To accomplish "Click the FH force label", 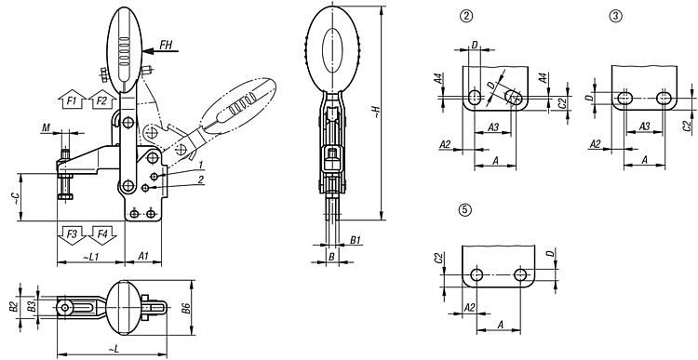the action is point(166,45).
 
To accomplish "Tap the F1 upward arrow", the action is point(72,100).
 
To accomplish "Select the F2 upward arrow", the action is point(102,100).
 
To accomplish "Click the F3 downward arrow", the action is point(72,235).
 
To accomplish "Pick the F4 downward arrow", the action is point(102,235).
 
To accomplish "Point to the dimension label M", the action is point(46,128).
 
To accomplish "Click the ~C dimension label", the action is point(16,198).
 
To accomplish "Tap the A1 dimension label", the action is point(143,256).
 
